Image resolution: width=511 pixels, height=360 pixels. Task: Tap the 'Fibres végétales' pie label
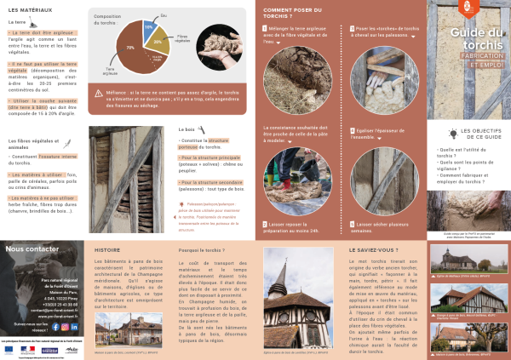pyautogui.click(x=181, y=38)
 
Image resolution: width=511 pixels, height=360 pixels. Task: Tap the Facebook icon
pyautogui.click(x=55, y=326)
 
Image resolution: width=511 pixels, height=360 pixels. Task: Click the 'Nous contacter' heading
pyautogui.click(x=32, y=249)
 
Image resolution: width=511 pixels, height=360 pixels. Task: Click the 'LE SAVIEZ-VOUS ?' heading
pyautogui.click(x=374, y=250)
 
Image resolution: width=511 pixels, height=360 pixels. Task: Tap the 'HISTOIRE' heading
pyautogui.click(x=106, y=250)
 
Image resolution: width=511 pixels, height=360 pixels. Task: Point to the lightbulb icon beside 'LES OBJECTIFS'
pyautogui.click(x=453, y=132)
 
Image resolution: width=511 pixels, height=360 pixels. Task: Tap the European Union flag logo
pyautogui.click(x=9, y=349)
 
